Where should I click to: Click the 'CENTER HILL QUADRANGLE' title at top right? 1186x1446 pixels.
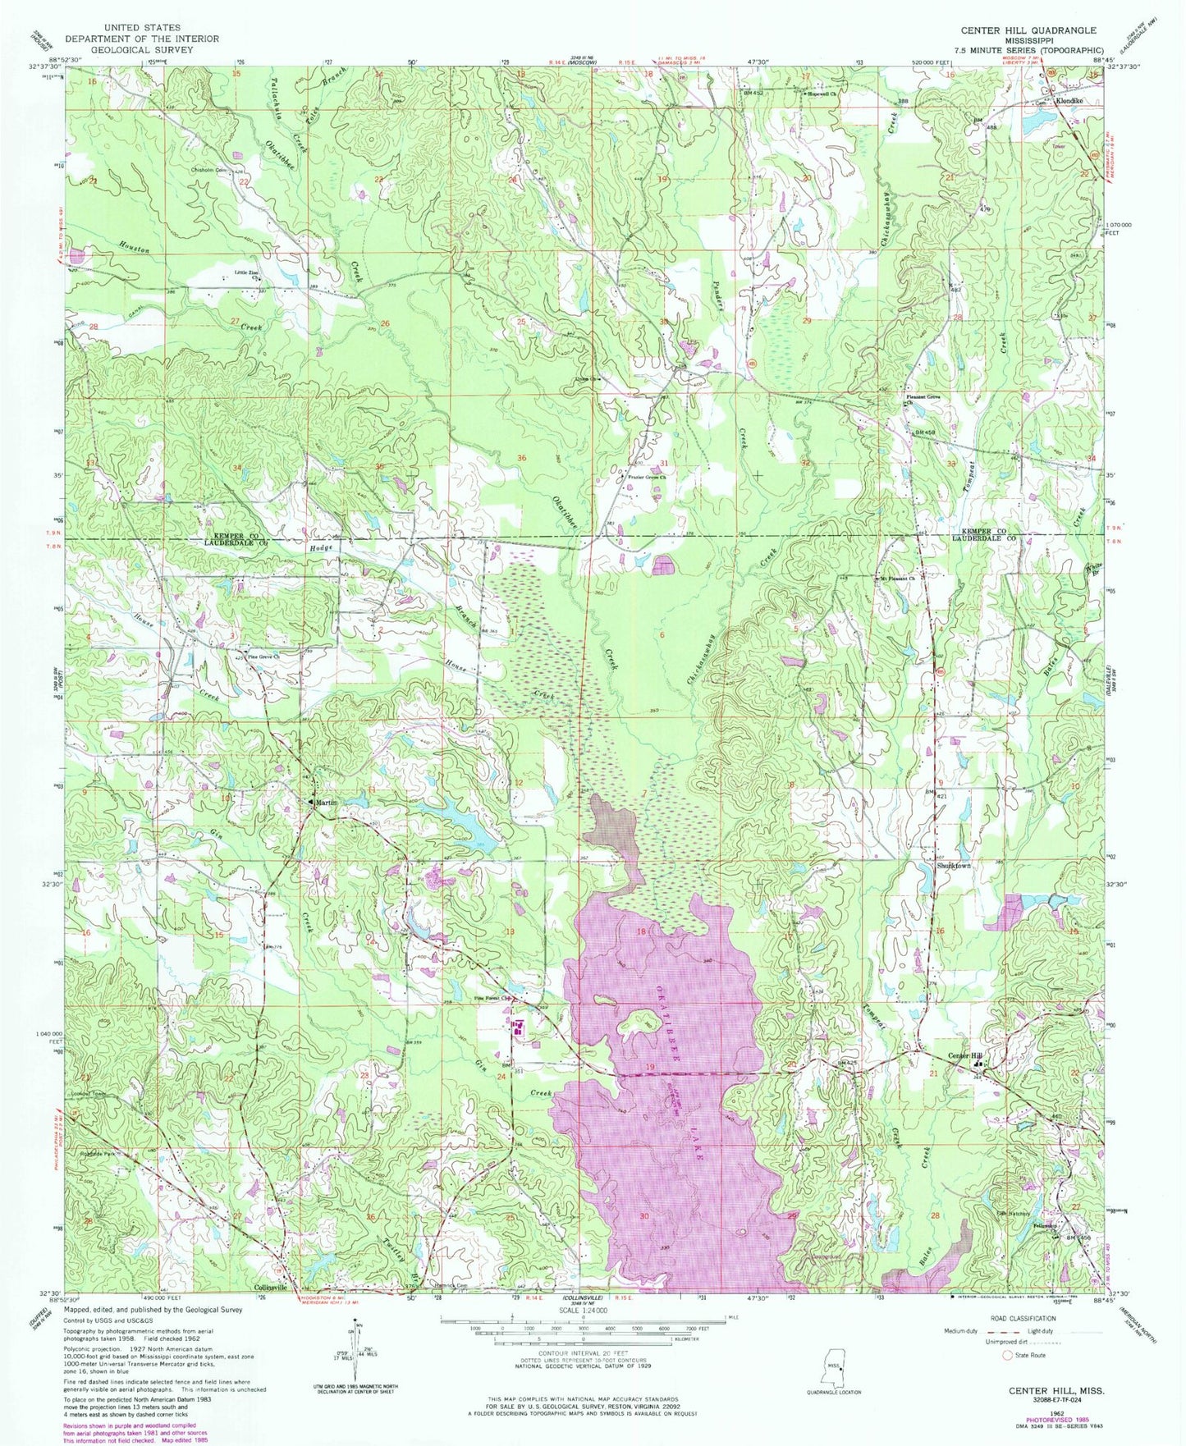click(x=1028, y=30)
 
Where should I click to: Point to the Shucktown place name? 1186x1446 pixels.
click(x=954, y=866)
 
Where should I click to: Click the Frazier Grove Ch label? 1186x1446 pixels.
click(x=646, y=476)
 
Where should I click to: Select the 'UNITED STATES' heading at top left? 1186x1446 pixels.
click(x=142, y=28)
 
